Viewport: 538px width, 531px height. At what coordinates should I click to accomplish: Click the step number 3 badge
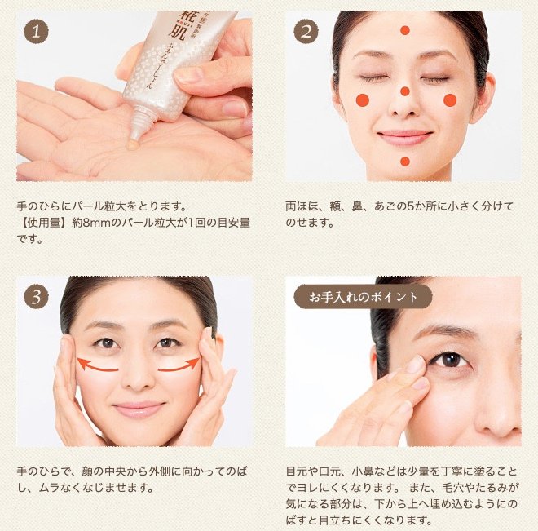pos(35,296)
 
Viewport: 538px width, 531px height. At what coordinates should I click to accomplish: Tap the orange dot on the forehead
pos(405,30)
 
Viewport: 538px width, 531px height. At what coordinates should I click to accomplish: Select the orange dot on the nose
pos(405,91)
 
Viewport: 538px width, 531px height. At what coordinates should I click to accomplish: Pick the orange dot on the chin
pos(405,162)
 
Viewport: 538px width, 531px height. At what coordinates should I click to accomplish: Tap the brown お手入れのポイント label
pos(362,296)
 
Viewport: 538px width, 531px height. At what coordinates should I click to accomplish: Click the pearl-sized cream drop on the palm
pos(134,144)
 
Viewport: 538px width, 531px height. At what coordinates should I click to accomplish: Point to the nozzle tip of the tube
pos(138,130)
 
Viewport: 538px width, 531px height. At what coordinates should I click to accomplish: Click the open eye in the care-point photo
pos(446,358)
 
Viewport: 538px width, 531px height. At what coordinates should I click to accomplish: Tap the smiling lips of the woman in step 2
pos(405,136)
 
